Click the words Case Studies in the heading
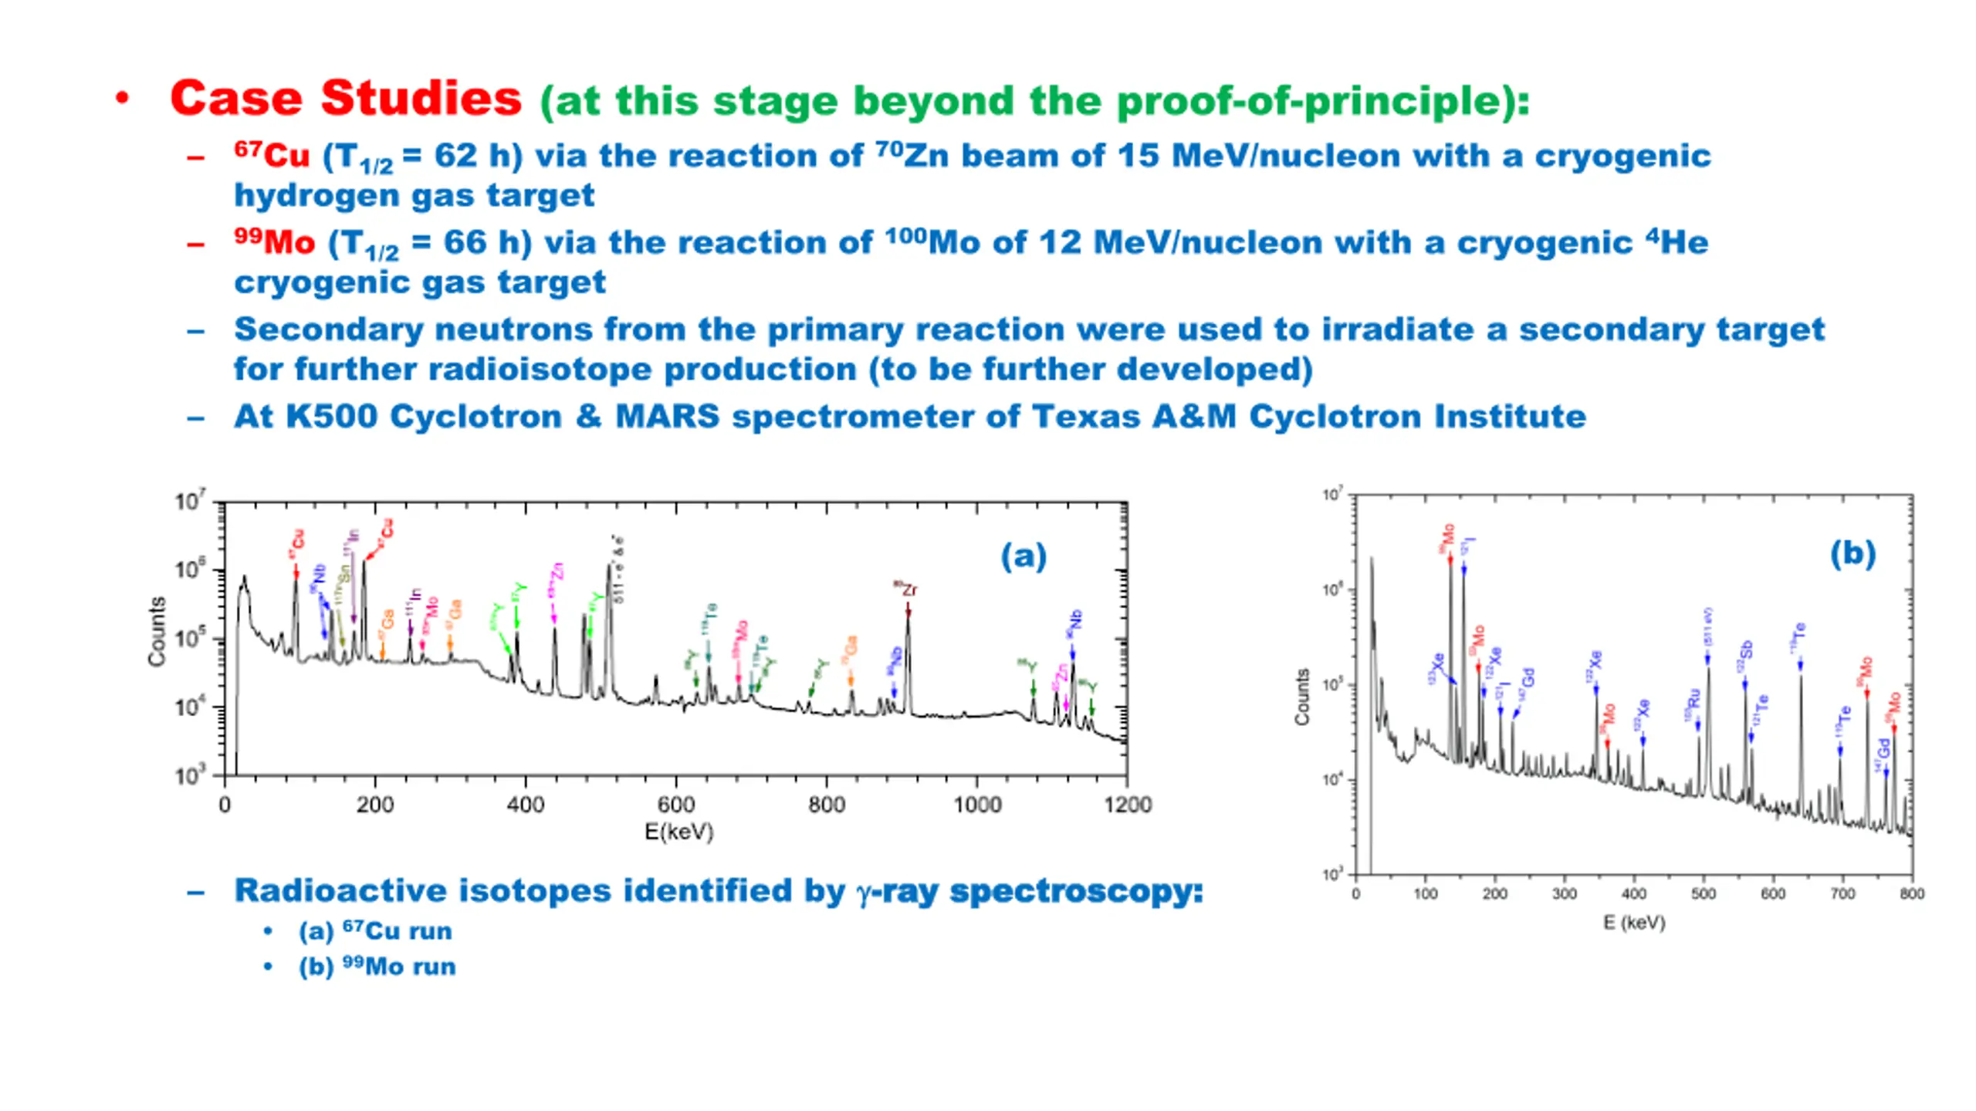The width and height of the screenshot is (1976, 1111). coord(346,99)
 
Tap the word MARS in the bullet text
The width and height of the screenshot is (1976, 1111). coord(667,417)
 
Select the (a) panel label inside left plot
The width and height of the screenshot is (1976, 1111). coord(1024,555)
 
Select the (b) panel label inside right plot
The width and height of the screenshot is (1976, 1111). coord(1852,553)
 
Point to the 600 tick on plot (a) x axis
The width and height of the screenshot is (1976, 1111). coord(676,805)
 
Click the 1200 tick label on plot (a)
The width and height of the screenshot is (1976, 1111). coord(1127,805)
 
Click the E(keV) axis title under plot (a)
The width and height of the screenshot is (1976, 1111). coord(679,832)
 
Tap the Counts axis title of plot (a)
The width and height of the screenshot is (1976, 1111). coord(157,631)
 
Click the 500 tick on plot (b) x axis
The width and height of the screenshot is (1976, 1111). coord(1704,893)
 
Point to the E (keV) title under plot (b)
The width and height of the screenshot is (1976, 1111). coord(1634,923)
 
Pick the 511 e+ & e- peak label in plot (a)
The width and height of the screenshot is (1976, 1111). coord(618,569)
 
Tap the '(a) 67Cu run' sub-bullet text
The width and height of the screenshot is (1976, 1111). coord(375,931)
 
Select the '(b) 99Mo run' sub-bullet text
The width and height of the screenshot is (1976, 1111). coord(377,967)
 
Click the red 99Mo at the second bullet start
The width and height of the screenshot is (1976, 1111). coord(275,242)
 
